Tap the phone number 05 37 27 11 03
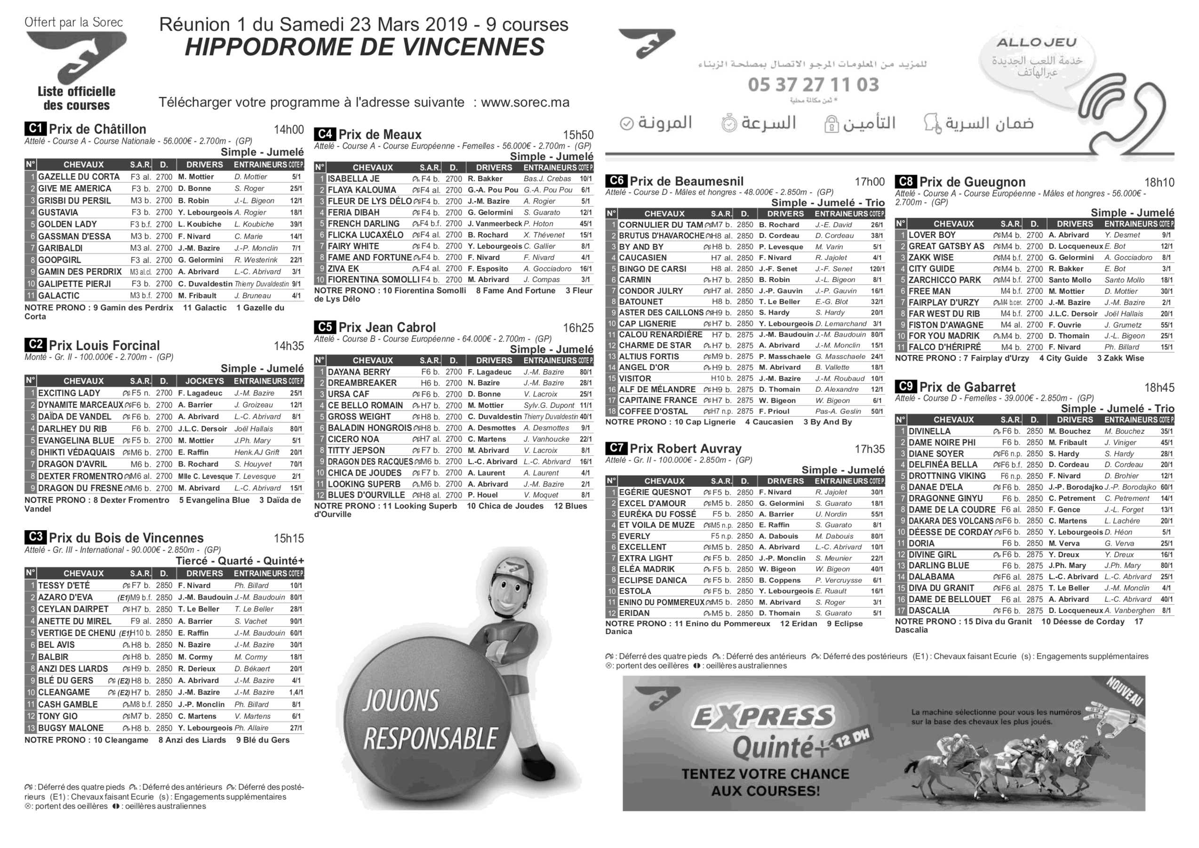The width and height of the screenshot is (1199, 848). (x=813, y=85)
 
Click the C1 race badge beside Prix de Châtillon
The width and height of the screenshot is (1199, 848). (x=35, y=129)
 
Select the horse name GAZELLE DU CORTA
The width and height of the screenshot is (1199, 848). (x=79, y=177)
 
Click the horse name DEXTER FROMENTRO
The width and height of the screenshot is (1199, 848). (x=80, y=476)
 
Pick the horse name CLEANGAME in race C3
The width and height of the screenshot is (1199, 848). (x=64, y=692)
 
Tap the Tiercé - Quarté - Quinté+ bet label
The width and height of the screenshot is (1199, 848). (x=240, y=561)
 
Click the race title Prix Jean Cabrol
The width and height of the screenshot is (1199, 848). (x=387, y=328)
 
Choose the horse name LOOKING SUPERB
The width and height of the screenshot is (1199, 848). (x=364, y=484)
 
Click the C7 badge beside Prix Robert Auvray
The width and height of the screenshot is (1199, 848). (x=616, y=448)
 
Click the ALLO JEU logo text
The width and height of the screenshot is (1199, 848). (x=1036, y=43)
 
